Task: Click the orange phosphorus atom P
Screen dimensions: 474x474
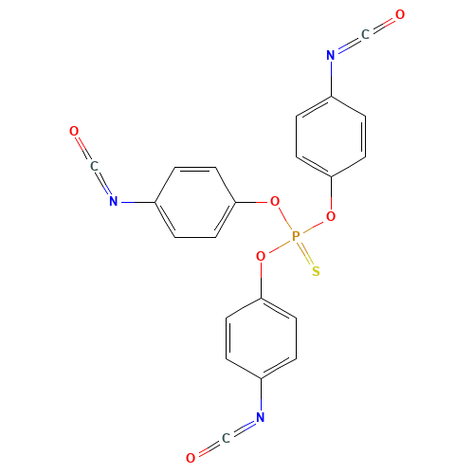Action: tap(295, 236)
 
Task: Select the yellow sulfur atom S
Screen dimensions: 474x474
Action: tap(315, 271)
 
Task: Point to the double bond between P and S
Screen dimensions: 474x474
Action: tap(305, 254)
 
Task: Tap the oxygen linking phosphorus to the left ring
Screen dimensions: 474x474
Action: tap(275, 201)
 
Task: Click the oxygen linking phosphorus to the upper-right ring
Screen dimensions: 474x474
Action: tap(330, 216)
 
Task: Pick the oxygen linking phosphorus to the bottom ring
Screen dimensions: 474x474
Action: tap(260, 256)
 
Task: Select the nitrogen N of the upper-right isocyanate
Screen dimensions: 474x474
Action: tap(330, 56)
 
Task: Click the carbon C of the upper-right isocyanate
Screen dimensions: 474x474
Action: tap(365, 35)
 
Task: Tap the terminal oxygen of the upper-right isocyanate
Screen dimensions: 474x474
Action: tap(400, 15)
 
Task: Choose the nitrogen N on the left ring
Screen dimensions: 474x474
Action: tap(113, 201)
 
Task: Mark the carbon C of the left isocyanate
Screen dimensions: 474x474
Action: tap(93, 166)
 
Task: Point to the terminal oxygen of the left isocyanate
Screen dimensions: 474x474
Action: tap(73, 131)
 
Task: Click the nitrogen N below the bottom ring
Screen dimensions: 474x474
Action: tap(260, 417)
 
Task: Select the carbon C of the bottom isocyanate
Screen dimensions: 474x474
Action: tap(225, 437)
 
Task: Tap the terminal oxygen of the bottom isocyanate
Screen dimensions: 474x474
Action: tap(191, 458)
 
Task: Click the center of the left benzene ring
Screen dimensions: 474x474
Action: tap(194, 201)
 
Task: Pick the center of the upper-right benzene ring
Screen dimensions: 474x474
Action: tap(331, 136)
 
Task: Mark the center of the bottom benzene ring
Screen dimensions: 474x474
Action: tap(260, 337)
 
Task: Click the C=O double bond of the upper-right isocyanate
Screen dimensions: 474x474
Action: tap(383, 25)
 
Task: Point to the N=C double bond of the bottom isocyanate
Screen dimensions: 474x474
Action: tap(243, 428)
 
